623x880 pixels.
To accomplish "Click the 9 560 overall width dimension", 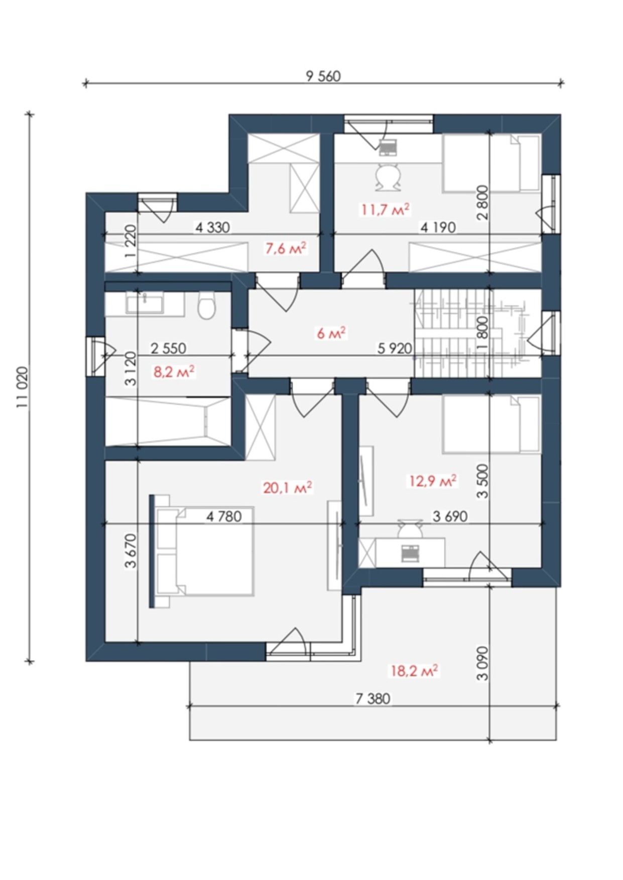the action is (323, 76).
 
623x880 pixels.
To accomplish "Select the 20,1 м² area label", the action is (288, 487).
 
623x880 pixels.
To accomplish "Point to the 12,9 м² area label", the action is (432, 481).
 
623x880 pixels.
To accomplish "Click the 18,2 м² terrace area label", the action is (414, 670).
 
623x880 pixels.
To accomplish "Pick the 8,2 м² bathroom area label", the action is (174, 372).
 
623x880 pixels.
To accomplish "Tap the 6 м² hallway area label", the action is (331, 333).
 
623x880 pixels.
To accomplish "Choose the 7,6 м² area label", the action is (286, 248).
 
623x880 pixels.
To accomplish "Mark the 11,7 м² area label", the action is (386, 209).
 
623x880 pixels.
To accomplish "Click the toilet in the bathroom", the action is (207, 306).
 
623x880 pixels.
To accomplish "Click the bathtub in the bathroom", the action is (167, 421).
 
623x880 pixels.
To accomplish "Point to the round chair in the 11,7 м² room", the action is (389, 176).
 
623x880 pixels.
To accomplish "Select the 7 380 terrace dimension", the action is (373, 698).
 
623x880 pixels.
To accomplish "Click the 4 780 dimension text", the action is (224, 516).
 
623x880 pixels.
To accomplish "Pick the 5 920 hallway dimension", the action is (395, 348).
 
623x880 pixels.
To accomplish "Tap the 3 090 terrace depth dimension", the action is (482, 663).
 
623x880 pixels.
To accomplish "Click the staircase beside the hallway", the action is (478, 333).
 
